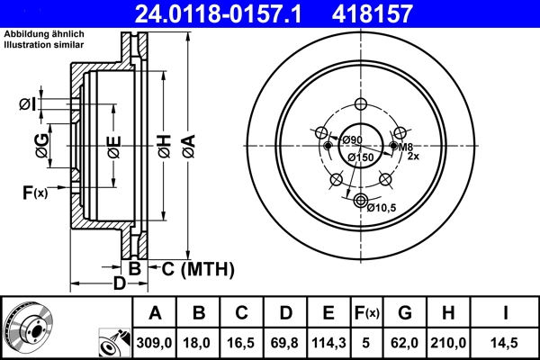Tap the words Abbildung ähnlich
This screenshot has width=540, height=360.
click(43, 33)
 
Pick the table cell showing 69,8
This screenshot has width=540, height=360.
click(285, 343)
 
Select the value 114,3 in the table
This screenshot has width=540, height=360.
click(328, 343)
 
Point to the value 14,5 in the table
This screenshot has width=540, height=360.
click(505, 343)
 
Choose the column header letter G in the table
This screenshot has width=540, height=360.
click(405, 313)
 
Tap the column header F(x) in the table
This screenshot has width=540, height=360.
click(366, 313)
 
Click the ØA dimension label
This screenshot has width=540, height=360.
click(187, 143)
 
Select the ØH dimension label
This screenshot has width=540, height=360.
click(165, 143)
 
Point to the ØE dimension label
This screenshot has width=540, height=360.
click(113, 143)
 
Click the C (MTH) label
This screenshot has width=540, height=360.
click(193, 268)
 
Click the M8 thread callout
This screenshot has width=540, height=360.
click(406, 147)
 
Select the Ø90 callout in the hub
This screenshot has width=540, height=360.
click(351, 139)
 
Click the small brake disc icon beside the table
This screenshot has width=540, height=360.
click(28, 326)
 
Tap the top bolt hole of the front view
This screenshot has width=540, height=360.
click(362, 103)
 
